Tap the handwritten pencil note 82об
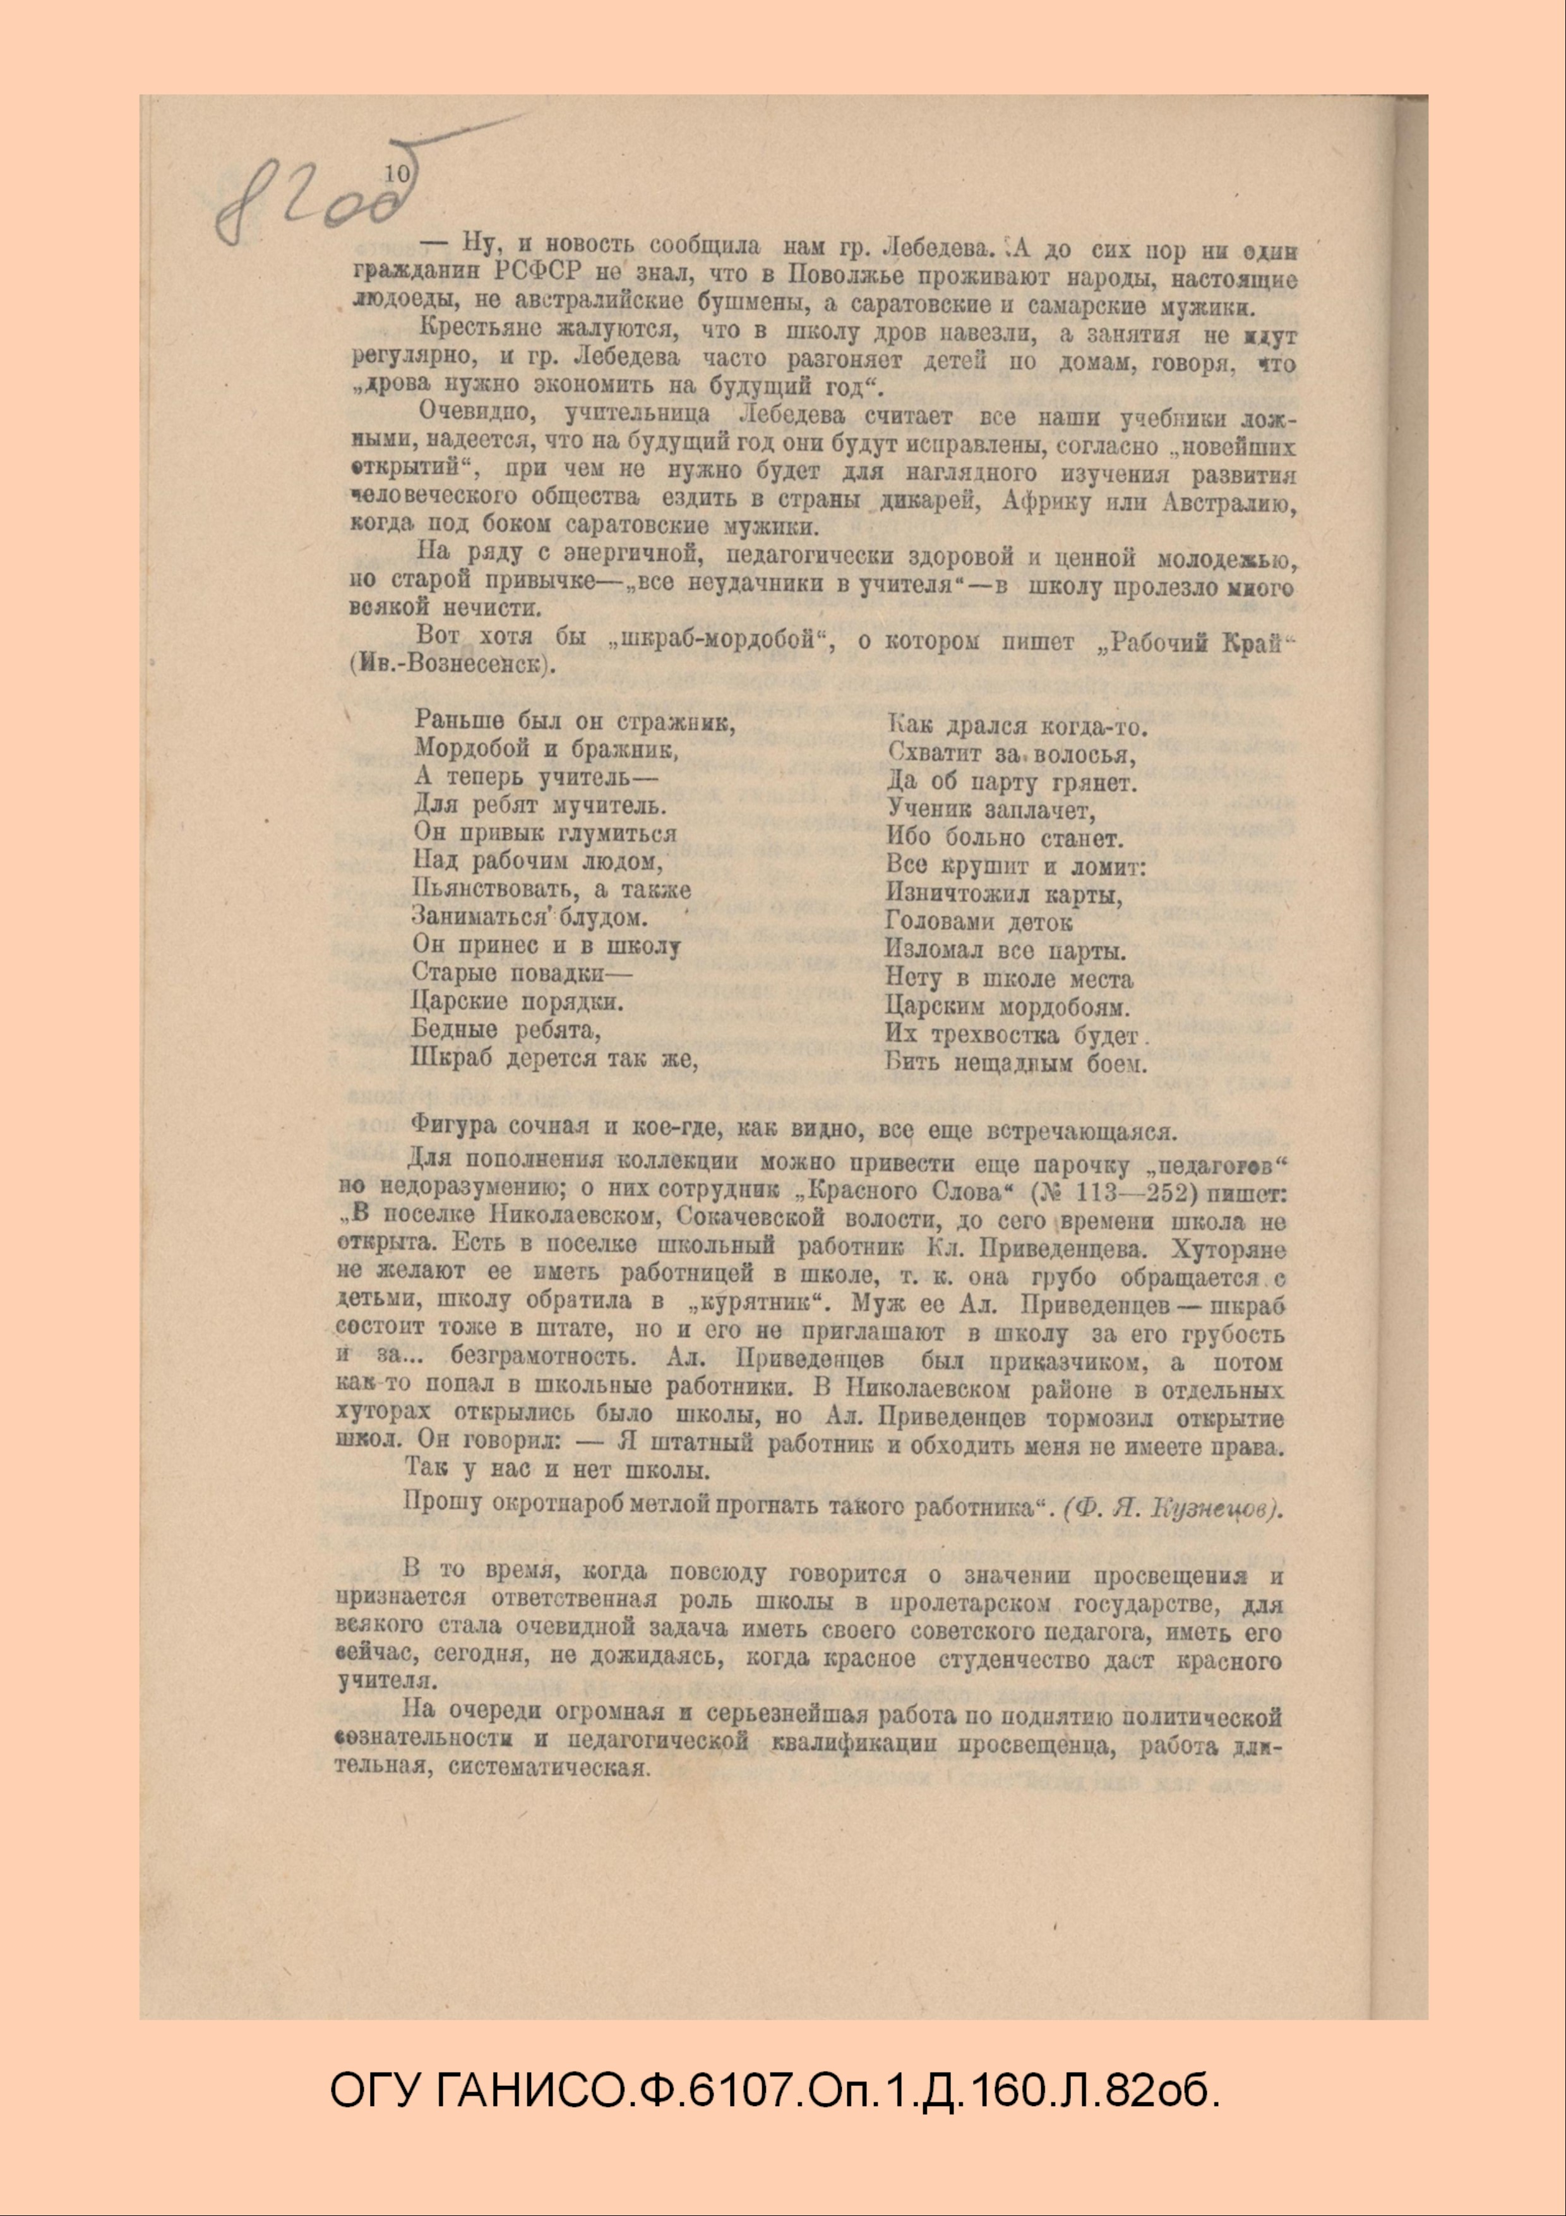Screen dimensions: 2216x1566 pos(309,203)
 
